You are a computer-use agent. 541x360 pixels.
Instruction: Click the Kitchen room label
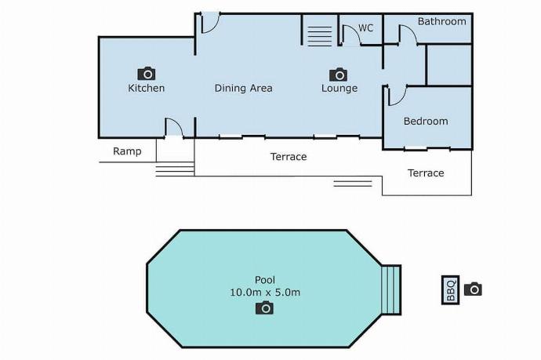point(147,88)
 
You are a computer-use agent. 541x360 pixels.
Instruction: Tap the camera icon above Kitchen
point(147,74)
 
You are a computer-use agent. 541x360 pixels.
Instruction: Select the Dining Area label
point(243,88)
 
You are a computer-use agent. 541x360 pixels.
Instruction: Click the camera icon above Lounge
point(339,75)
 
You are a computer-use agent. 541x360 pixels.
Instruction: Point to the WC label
point(365,27)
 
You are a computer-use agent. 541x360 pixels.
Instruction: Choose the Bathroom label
point(441,21)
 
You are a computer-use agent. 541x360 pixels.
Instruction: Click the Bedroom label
point(426,121)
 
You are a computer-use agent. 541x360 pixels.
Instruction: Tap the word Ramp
point(127,151)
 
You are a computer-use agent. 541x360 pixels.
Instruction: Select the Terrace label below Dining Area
point(289,157)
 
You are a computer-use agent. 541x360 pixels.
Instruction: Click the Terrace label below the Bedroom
point(426,173)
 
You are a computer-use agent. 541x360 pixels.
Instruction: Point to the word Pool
point(265,280)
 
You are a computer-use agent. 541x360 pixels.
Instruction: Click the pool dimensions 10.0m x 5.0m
point(265,293)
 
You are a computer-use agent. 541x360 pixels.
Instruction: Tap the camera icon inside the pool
point(265,307)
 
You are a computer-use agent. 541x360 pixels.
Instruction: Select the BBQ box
point(451,290)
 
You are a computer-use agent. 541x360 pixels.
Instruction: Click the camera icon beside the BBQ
point(473,289)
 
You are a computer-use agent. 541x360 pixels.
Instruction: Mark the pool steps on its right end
point(391,290)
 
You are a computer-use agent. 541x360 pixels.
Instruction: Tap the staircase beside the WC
point(319,36)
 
